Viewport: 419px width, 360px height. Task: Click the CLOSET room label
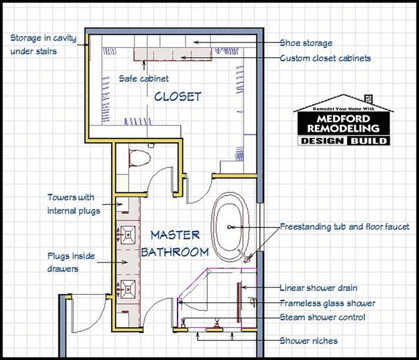[178, 97]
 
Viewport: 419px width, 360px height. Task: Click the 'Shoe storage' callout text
[305, 43]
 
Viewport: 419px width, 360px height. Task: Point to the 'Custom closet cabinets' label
[325, 58]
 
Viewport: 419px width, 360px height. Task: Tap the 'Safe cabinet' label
[144, 79]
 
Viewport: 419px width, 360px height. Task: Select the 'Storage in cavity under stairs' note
[42, 44]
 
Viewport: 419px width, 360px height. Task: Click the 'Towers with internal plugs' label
[73, 204]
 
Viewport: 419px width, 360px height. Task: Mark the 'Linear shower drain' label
[319, 288]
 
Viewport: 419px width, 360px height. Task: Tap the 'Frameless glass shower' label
[327, 303]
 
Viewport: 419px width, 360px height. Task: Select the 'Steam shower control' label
[322, 317]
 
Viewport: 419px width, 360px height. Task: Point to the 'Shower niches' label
[309, 341]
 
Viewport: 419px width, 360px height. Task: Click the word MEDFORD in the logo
[342, 117]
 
